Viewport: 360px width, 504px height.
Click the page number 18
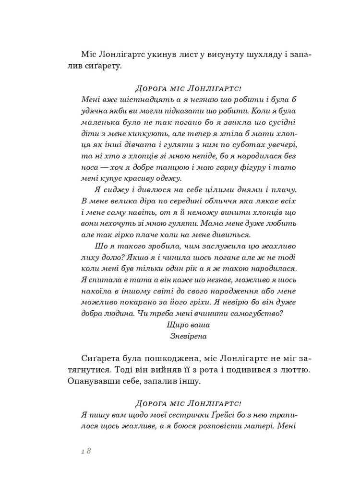click(x=86, y=451)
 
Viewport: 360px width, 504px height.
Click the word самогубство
click(x=257, y=314)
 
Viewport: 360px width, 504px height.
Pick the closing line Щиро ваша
click(x=188, y=325)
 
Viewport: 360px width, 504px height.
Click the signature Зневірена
click(x=188, y=336)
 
